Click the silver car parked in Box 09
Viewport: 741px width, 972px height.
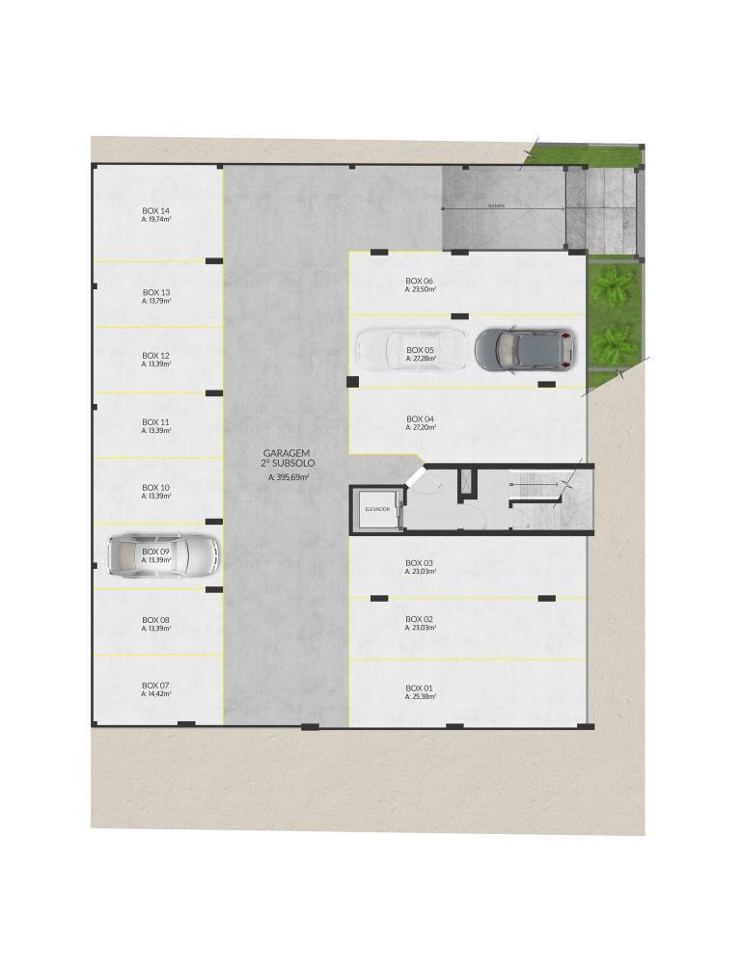click(x=163, y=554)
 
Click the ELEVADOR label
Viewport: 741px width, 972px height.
click(x=377, y=508)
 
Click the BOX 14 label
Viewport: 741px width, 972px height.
click(x=155, y=210)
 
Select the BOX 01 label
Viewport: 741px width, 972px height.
click(x=420, y=688)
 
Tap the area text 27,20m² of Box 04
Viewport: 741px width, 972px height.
click(x=421, y=427)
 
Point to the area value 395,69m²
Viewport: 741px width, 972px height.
click(x=288, y=476)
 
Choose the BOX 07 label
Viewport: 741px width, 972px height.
click(x=155, y=685)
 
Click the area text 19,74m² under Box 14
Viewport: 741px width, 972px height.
click(x=155, y=220)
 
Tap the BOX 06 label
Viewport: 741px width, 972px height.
click(x=420, y=281)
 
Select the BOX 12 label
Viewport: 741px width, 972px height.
click(x=155, y=355)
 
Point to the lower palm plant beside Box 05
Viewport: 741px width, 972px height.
click(x=615, y=342)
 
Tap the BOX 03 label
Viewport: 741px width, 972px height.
click(x=420, y=562)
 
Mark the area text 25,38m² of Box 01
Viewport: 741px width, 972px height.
click(x=421, y=696)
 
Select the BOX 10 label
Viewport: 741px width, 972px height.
click(x=155, y=487)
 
